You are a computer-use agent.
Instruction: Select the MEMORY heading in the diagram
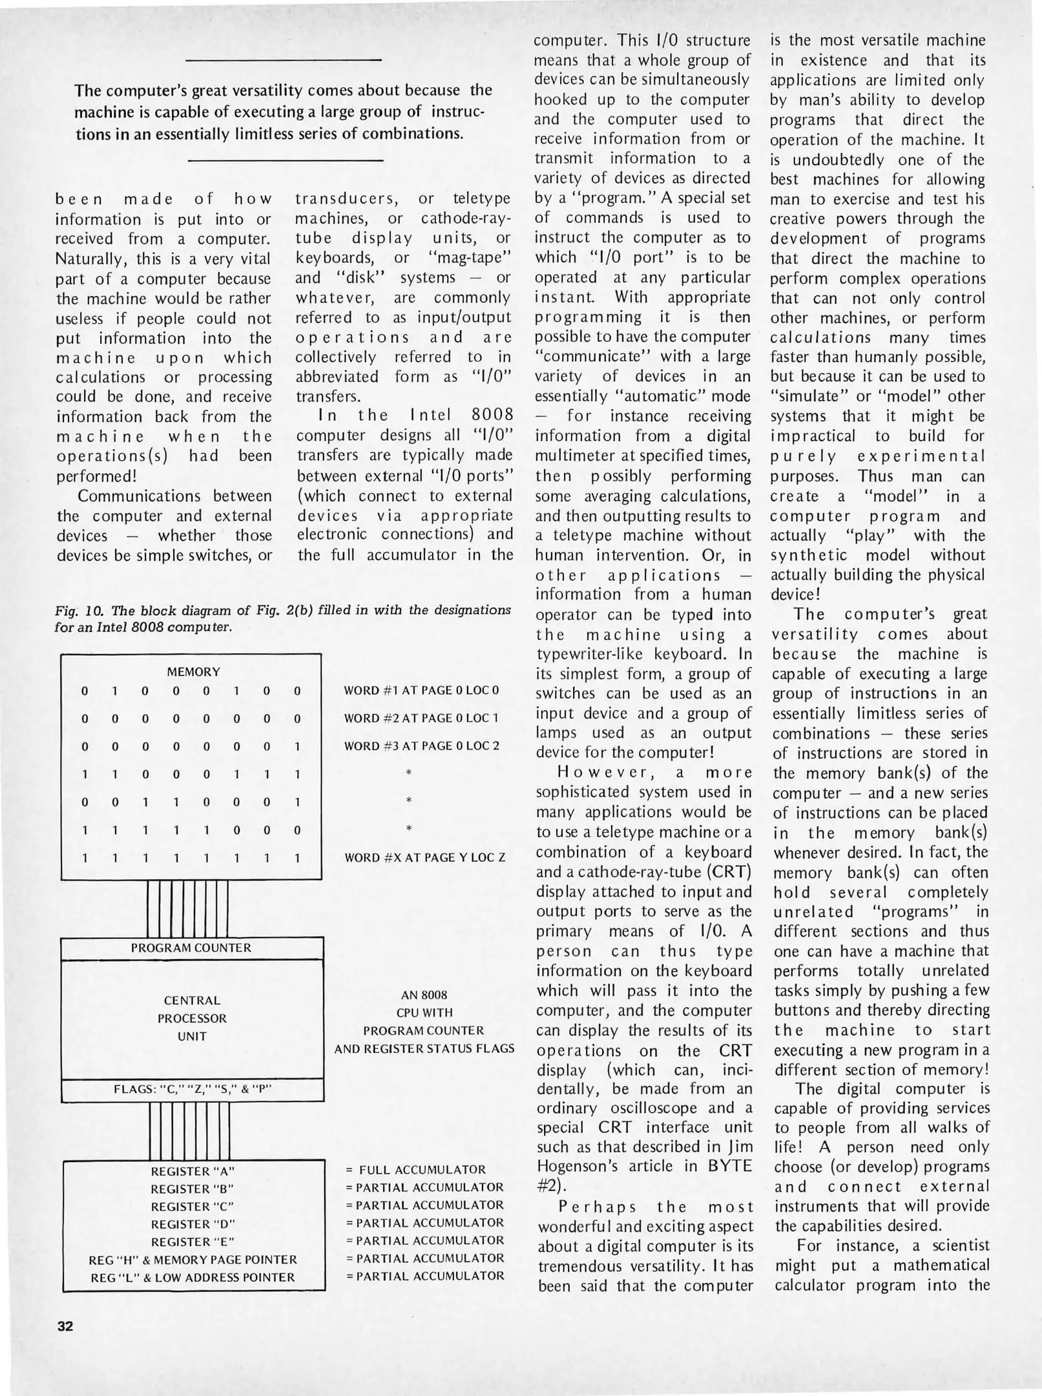coord(193,672)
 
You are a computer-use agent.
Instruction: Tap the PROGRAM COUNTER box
coord(191,948)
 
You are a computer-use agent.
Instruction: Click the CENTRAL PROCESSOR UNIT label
coord(192,1018)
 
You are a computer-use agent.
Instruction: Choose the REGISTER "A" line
coord(192,1171)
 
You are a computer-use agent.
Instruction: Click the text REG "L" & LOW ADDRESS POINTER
coord(193,1277)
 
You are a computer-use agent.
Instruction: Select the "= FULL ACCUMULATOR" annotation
coord(416,1170)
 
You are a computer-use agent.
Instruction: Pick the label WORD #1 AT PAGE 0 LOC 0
coord(422,690)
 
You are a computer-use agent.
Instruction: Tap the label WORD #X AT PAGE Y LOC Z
coord(424,858)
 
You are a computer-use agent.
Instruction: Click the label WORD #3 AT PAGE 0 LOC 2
coord(422,746)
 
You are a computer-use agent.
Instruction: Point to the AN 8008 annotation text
coord(424,995)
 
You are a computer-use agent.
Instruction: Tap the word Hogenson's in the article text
coord(587,1166)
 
